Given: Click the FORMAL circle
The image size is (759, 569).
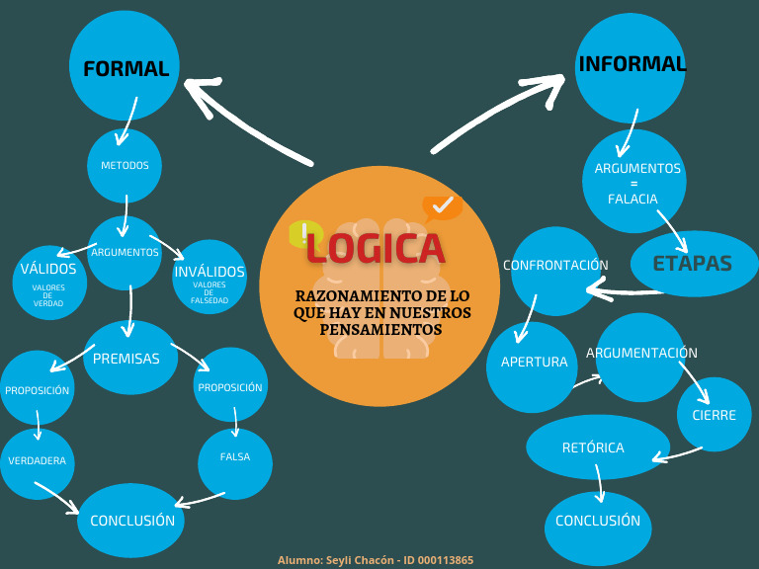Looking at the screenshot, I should (125, 66).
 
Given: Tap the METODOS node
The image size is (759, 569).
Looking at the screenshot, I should (125, 165).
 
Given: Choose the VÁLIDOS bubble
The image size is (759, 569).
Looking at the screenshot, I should (48, 281).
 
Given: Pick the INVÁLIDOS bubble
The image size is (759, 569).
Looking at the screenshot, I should (210, 278).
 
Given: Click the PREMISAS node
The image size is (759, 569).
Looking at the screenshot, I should (127, 358).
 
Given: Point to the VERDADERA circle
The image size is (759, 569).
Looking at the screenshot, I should (38, 462).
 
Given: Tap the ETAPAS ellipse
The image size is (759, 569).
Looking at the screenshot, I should (693, 264).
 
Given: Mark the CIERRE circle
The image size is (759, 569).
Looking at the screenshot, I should (714, 415).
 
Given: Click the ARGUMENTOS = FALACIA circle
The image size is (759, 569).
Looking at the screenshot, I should (633, 182).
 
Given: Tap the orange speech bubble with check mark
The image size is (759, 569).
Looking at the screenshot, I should (441, 206).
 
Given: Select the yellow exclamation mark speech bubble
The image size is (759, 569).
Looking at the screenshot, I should (303, 234).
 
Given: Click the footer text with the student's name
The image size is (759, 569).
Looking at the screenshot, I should (376, 560).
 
